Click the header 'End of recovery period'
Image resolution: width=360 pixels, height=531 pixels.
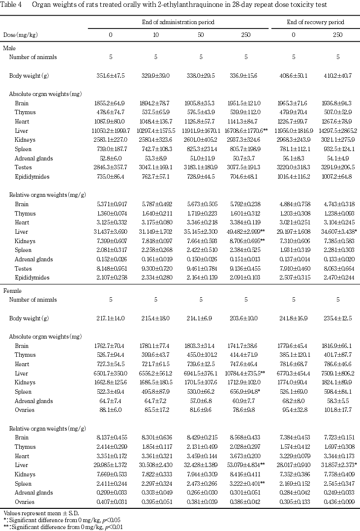click(315, 22)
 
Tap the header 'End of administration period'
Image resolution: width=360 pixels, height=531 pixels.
click(179, 22)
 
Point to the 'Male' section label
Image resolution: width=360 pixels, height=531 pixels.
click(9, 48)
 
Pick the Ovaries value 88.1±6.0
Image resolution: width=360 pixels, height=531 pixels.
click(111, 395)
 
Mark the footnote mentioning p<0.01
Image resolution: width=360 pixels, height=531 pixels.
click(63, 527)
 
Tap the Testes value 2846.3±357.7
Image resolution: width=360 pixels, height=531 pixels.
click(111, 168)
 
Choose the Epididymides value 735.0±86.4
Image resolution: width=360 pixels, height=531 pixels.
click(111, 177)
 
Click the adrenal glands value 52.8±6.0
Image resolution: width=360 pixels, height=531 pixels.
click(111, 158)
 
